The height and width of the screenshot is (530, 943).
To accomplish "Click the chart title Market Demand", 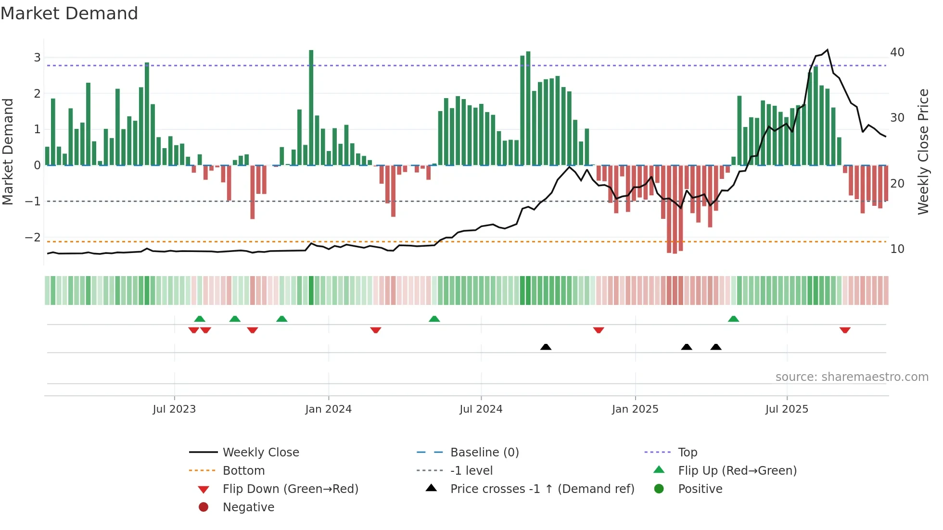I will [69, 13].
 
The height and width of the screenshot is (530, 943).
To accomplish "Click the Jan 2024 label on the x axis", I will [328, 409].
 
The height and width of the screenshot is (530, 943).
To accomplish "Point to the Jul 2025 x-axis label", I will [787, 409].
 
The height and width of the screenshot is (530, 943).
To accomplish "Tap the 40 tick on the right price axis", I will [897, 52].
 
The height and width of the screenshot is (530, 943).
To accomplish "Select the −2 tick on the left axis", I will [33, 238].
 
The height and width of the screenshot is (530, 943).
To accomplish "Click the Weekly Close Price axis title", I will [923, 151].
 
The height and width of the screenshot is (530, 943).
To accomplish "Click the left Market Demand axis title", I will [8, 151].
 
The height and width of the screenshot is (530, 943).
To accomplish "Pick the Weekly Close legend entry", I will [260, 453].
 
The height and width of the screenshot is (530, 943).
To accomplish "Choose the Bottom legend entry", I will [243, 471].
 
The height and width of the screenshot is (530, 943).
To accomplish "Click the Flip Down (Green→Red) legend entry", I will [290, 489].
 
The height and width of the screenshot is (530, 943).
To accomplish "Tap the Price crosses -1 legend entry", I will [542, 489].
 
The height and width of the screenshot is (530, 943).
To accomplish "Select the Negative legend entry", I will [248, 507].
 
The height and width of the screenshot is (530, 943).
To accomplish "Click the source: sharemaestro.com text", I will [852, 377].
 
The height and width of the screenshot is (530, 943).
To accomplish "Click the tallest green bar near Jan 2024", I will [311, 106].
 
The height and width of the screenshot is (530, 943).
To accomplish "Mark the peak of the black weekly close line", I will [827, 50].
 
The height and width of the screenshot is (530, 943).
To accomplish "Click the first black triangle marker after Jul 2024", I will [546, 347].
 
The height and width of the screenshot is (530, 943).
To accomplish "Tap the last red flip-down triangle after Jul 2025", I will [845, 330].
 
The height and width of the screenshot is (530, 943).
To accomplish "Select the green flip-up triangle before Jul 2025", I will [733, 319].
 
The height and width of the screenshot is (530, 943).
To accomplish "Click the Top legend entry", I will [687, 453].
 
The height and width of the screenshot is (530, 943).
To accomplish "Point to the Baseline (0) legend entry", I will [484, 453].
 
